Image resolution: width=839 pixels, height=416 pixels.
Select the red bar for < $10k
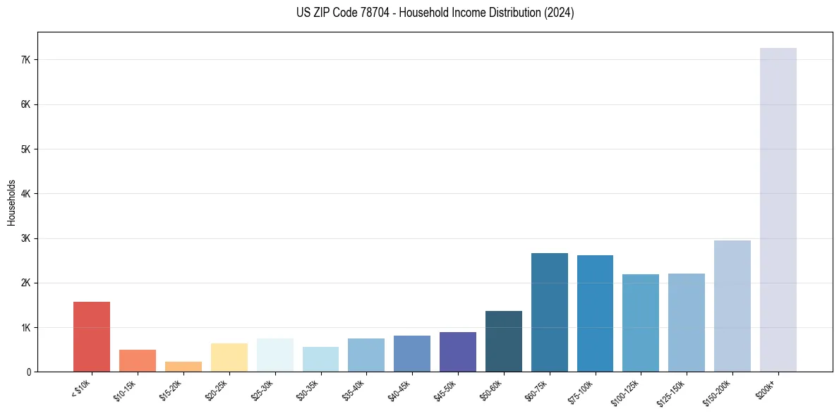92,336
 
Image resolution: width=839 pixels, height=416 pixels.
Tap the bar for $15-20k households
183,367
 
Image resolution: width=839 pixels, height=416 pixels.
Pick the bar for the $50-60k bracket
503,341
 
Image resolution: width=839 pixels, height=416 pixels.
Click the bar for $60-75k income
549,312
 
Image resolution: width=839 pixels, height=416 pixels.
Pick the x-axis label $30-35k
309,390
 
